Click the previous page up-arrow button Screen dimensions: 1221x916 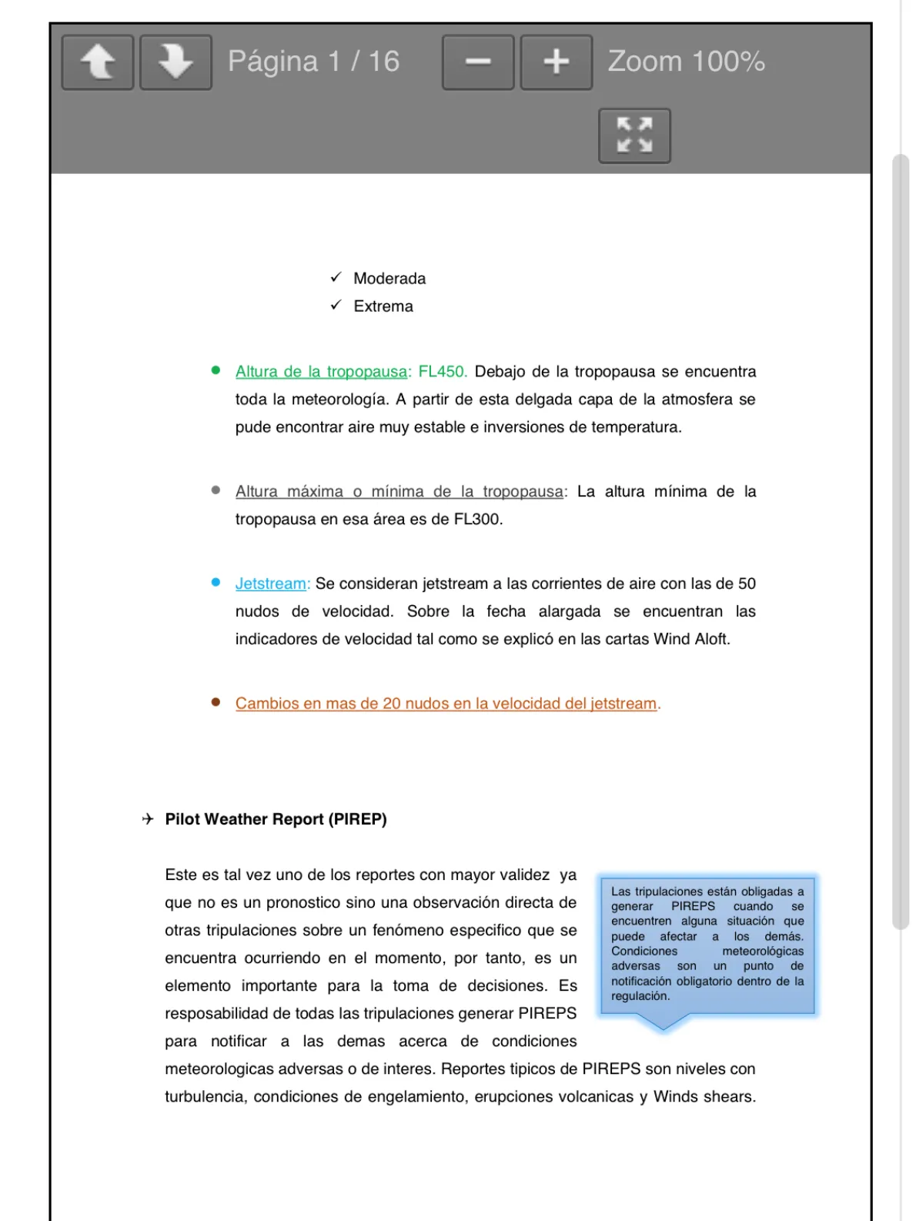point(98,62)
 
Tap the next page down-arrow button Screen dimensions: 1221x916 point(176,62)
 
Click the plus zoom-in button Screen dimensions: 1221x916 point(556,62)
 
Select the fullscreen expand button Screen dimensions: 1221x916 point(634,135)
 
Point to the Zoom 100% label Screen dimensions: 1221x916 point(686,62)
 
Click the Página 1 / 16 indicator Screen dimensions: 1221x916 point(313,62)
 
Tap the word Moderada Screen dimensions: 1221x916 point(389,279)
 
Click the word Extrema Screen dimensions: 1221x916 point(383,306)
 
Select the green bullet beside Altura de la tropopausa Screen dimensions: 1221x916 point(216,370)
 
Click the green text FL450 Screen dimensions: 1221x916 point(442,372)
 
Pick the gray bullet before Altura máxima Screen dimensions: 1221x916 point(216,490)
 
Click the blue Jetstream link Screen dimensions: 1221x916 point(271,584)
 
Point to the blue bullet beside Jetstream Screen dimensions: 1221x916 point(216,583)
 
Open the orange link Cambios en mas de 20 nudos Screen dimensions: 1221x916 point(446,704)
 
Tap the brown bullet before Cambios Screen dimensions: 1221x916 point(216,702)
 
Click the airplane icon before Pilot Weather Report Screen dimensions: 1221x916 point(148,819)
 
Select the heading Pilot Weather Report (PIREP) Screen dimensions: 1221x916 point(276,819)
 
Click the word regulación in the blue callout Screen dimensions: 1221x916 point(640,996)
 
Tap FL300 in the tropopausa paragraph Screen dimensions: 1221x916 point(476,520)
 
